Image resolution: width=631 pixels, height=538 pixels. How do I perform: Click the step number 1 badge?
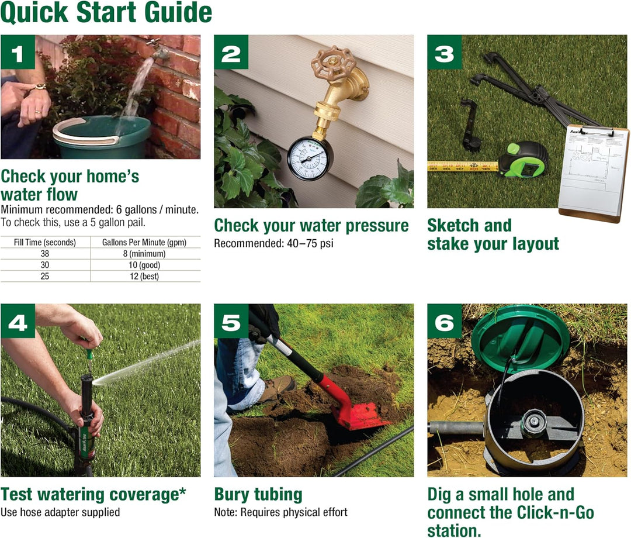tap(18, 53)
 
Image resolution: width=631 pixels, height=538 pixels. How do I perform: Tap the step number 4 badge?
tap(18, 321)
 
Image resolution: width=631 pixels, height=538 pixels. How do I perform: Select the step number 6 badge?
tap(445, 321)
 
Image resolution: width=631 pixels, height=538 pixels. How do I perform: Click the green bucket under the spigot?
tap(102, 137)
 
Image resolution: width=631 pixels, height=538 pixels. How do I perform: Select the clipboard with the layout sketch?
tap(593, 173)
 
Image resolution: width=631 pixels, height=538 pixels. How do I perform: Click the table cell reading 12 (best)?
tap(144, 276)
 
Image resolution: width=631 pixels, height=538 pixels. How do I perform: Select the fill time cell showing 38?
tap(45, 254)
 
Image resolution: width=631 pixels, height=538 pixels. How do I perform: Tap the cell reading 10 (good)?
tap(144, 265)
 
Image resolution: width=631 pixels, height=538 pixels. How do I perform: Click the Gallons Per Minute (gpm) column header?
tap(144, 242)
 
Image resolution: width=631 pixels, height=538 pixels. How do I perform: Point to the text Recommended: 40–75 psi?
tap(273, 243)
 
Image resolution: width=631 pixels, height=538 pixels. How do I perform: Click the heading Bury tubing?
tap(258, 495)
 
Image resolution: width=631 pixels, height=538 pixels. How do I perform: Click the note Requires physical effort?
tap(280, 512)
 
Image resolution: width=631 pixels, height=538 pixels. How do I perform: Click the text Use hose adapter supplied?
tap(60, 512)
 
